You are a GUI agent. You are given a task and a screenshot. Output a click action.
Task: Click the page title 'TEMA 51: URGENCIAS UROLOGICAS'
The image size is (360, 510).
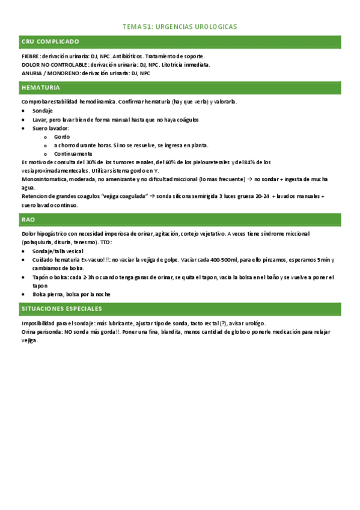tap(180, 27)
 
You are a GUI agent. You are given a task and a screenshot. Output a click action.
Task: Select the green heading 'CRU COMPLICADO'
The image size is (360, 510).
tap(50, 41)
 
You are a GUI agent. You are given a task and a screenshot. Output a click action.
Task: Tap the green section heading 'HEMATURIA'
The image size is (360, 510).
tap(40, 88)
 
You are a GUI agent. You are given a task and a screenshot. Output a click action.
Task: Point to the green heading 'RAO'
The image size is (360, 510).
tap(28, 220)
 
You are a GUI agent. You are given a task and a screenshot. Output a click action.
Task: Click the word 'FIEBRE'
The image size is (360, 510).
tap(30, 56)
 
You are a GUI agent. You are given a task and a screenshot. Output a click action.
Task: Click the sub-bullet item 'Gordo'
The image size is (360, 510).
tap(62, 137)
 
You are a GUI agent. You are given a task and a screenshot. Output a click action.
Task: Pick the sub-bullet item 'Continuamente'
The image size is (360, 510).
tap(73, 153)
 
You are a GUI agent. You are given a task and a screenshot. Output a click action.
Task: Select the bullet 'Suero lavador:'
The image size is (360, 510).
tap(51, 128)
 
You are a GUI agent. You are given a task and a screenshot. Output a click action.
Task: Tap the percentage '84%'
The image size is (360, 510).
tap(248, 162)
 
